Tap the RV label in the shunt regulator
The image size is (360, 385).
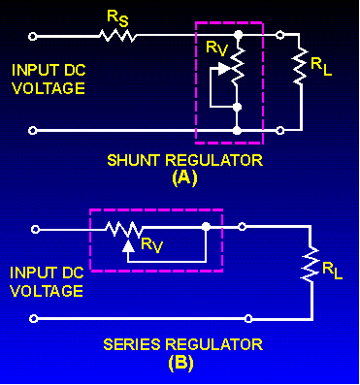(217, 48)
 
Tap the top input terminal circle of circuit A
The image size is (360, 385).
(36, 36)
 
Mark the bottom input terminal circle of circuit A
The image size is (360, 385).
(36, 128)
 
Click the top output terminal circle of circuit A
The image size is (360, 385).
(280, 36)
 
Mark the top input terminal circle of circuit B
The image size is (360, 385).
(36, 229)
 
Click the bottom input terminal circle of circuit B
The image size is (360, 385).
(36, 317)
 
